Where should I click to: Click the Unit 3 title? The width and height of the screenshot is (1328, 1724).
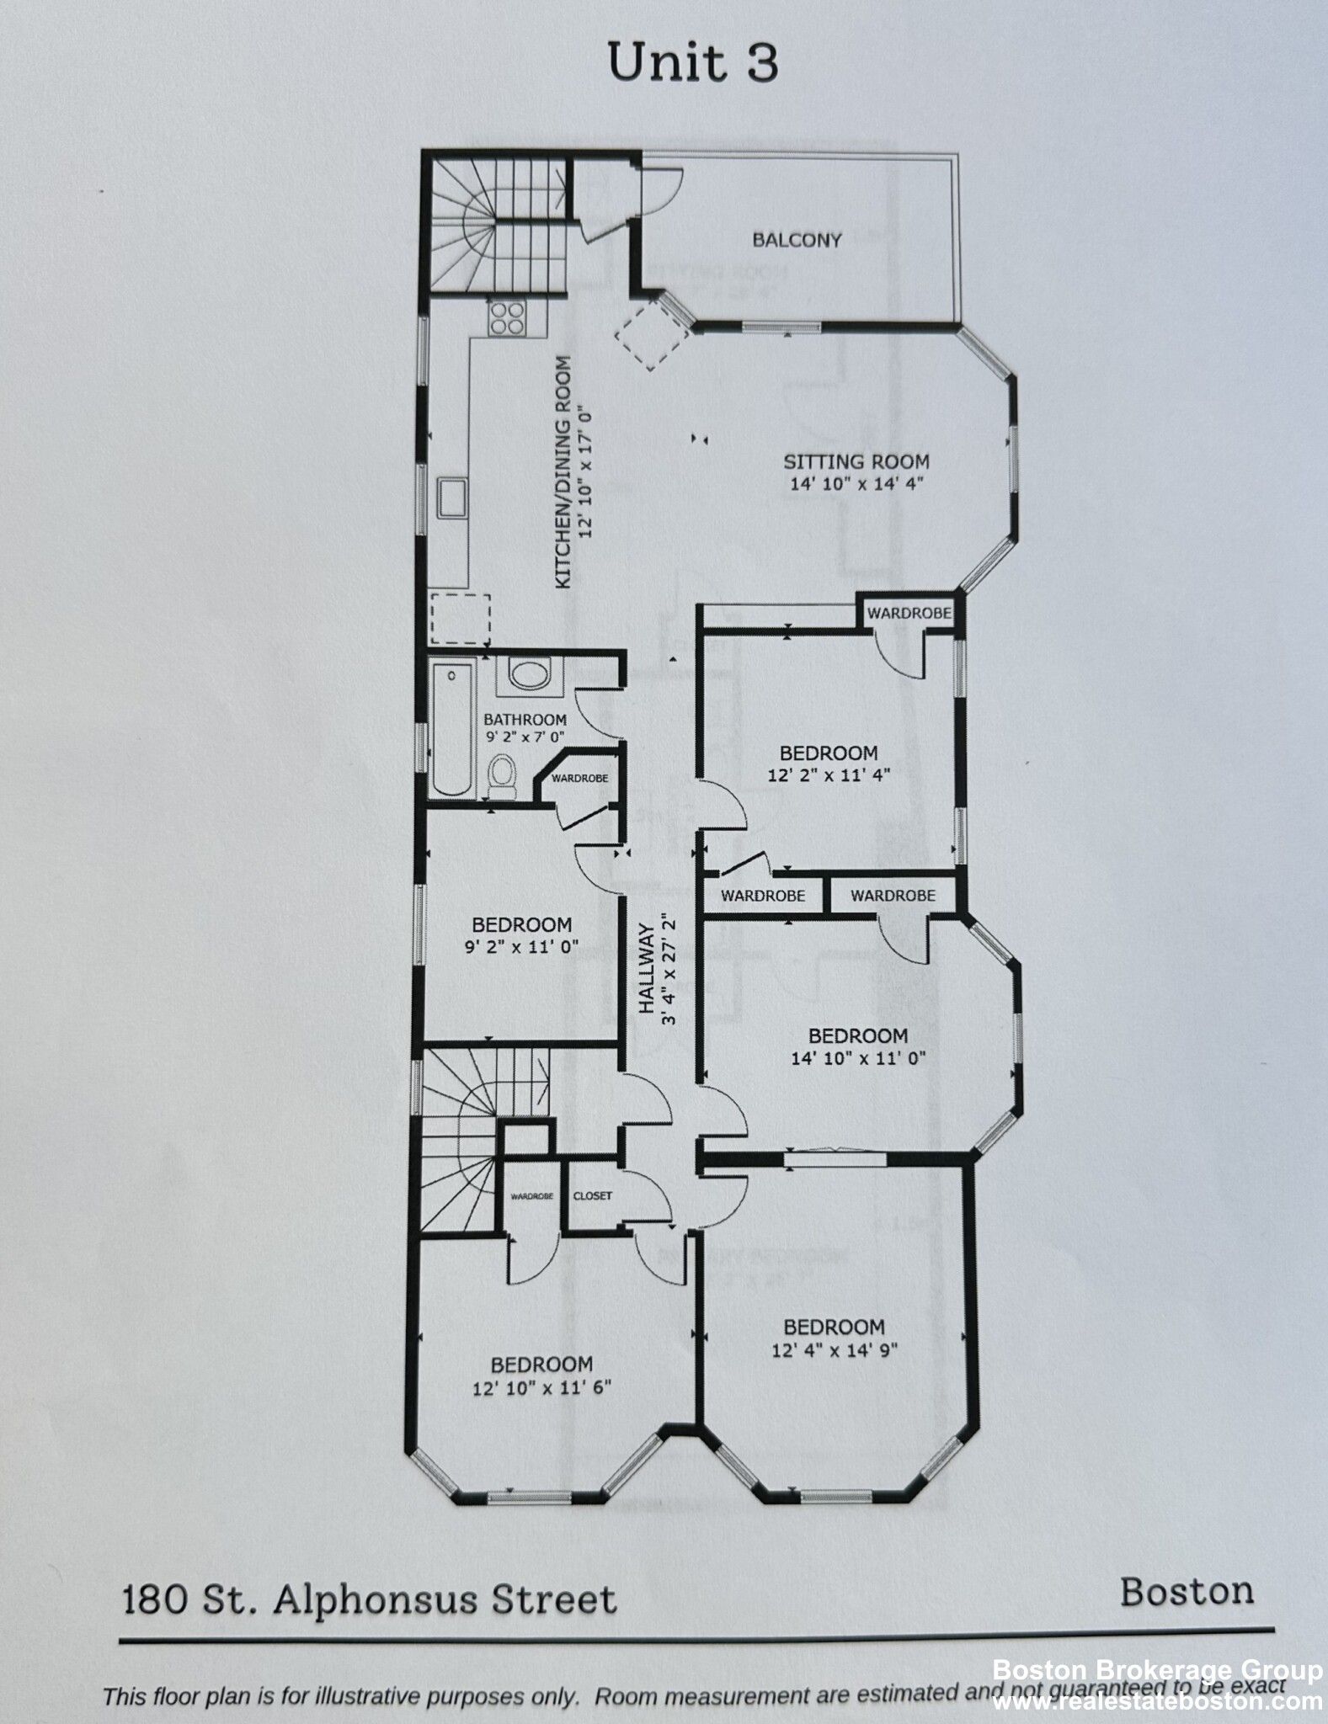(x=692, y=64)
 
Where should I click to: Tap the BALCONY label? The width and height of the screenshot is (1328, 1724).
(x=797, y=240)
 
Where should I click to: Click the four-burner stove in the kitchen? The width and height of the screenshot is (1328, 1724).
(x=507, y=319)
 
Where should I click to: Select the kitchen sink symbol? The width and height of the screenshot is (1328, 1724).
(x=452, y=497)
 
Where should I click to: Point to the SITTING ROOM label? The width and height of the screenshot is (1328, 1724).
(x=856, y=461)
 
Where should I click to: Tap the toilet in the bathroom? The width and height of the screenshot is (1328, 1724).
(x=503, y=774)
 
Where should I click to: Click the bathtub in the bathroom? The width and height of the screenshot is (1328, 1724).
(x=452, y=729)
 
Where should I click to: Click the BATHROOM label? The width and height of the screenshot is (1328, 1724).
(x=525, y=720)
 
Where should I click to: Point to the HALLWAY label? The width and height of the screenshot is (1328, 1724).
(x=647, y=969)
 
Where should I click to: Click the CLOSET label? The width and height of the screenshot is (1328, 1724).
(x=592, y=1195)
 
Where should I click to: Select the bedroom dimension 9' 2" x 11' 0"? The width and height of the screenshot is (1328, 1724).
(x=521, y=946)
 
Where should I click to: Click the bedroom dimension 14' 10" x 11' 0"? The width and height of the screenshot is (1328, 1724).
(x=858, y=1057)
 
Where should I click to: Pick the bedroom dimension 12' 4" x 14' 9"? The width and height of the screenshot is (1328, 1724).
(x=835, y=1350)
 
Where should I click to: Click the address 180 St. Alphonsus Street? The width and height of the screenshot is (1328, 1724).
(x=370, y=1599)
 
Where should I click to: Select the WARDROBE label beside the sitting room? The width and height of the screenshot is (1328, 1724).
(x=909, y=613)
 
